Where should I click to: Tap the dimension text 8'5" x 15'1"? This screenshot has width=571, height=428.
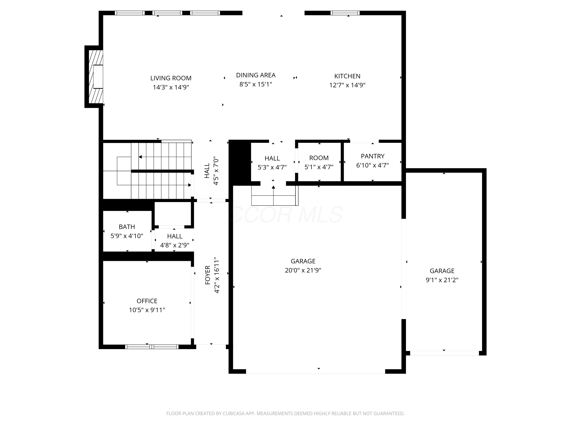pyautogui.click(x=256, y=84)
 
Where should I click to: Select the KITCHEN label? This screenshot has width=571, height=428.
pyautogui.click(x=347, y=76)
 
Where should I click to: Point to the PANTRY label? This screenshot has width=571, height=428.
pyautogui.click(x=372, y=156)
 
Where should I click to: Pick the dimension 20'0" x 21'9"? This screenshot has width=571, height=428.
pyautogui.click(x=303, y=270)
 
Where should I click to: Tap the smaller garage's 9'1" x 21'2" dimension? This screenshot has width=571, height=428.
pyautogui.click(x=442, y=280)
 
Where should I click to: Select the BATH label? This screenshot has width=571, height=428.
pyautogui.click(x=127, y=227)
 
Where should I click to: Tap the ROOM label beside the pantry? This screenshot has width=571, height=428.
pyautogui.click(x=319, y=158)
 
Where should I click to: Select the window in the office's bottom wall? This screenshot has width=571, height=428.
pyautogui.click(x=152, y=347)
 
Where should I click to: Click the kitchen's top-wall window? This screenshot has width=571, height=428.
pyautogui.click(x=345, y=13)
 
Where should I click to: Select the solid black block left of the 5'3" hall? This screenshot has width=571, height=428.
pyautogui.click(x=240, y=162)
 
